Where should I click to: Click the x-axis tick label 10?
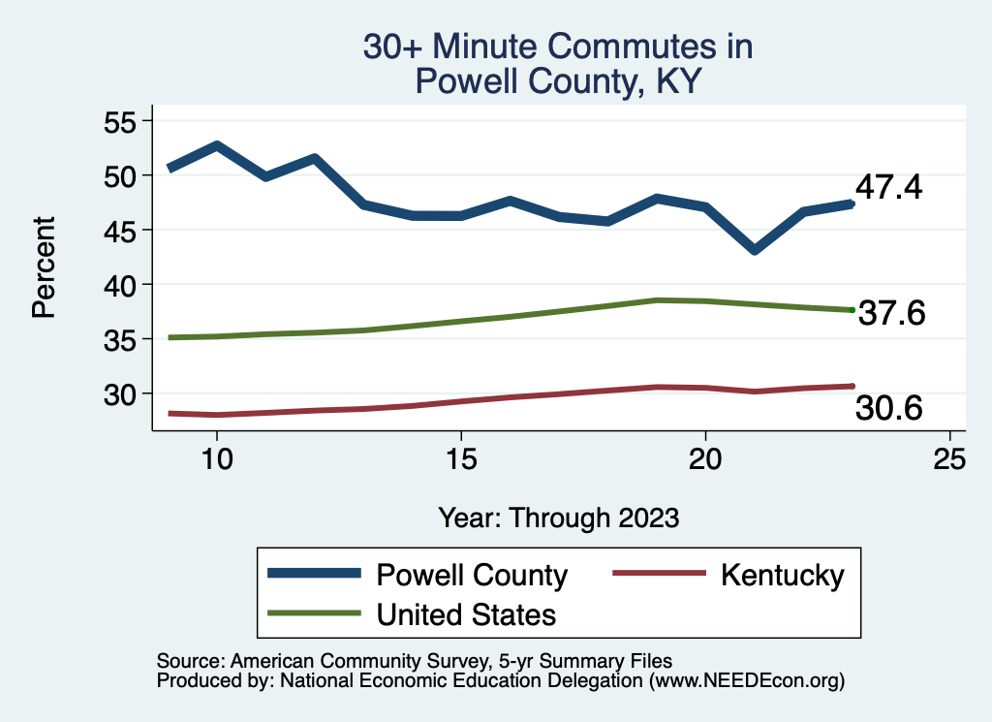217,458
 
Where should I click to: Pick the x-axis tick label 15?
461,458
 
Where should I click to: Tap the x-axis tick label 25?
949,458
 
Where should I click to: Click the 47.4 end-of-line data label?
888,187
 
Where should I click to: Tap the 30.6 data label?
888,410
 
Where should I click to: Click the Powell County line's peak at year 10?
217,146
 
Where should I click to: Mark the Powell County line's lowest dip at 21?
754,250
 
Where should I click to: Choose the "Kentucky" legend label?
783,575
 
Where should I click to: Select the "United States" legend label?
466,613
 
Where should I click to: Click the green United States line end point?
852,309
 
